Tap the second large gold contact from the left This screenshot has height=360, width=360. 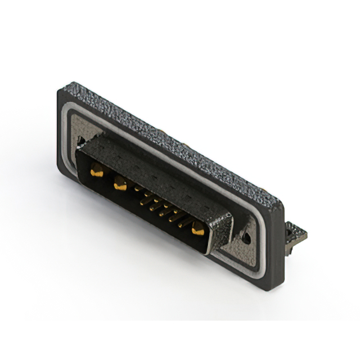(x=120, y=183)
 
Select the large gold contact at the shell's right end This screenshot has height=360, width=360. (x=198, y=228)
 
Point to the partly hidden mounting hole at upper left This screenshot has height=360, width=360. (x=82, y=140)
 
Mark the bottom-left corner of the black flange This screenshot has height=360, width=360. (x=60, y=167)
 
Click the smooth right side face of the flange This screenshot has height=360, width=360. (x=277, y=247)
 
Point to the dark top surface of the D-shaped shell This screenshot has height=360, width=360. (x=152, y=166)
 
